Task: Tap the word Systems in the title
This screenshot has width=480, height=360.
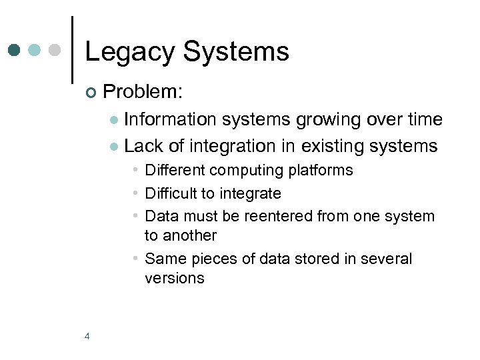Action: [x=236, y=52]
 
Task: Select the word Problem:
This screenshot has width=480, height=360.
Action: [x=144, y=91]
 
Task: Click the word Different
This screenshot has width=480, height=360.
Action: [x=175, y=170]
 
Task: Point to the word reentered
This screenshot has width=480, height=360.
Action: [x=276, y=216]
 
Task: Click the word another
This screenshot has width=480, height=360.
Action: [x=189, y=235]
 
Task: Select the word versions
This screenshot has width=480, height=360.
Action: [x=174, y=278]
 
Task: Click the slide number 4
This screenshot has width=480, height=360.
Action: [x=87, y=336]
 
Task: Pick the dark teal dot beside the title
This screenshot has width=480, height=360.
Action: [x=15, y=50]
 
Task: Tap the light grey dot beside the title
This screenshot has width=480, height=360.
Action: [x=56, y=50]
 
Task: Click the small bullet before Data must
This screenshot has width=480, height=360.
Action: [x=135, y=216]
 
